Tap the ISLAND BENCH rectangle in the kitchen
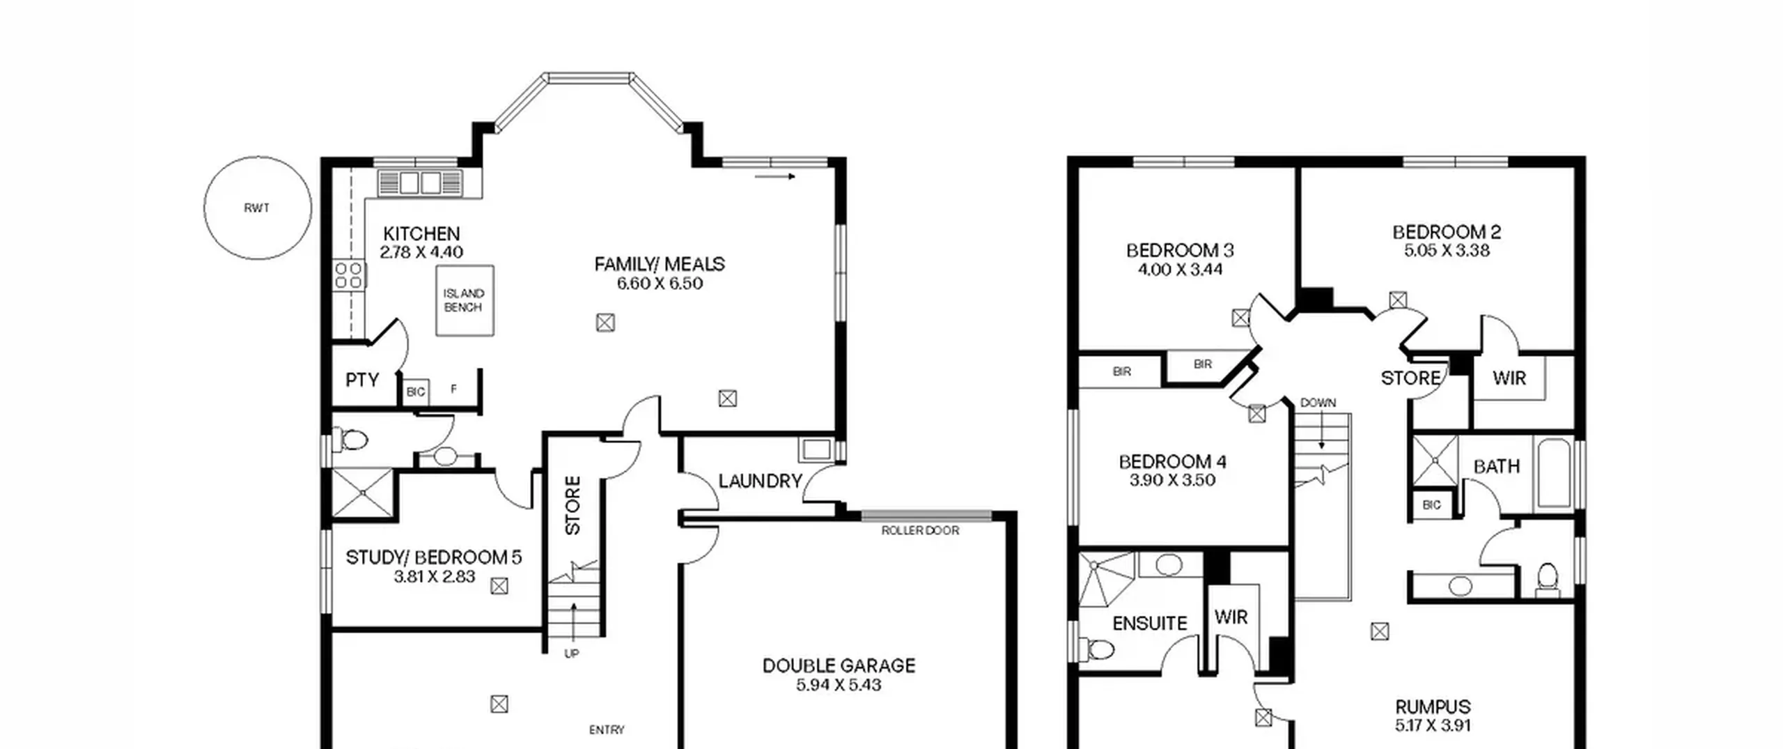[465, 300]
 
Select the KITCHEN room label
[421, 233]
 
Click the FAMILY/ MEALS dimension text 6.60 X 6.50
[660, 284]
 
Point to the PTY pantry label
[362, 380]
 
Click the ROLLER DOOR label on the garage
[920, 531]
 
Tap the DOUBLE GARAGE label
[839, 665]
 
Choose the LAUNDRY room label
[761, 481]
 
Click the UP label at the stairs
[571, 654]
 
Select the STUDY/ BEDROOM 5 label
[433, 557]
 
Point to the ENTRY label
[607, 729]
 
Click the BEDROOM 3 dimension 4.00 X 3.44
[1180, 270]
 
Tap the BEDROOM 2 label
[1447, 232]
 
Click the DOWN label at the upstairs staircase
[1318, 403]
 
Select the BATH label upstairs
[1497, 466]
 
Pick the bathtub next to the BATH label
[1554, 474]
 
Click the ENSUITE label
[1150, 623]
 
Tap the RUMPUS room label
[1433, 706]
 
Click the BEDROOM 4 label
[1172, 461]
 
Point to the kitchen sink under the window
[420, 183]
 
